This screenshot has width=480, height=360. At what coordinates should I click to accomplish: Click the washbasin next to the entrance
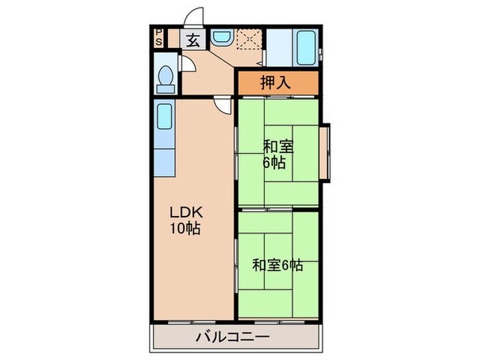[x=221, y=38]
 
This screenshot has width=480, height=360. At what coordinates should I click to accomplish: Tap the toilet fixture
[x=165, y=78]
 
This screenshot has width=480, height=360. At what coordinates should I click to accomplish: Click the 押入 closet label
[x=276, y=83]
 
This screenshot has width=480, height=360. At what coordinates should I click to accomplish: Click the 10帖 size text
[x=186, y=229]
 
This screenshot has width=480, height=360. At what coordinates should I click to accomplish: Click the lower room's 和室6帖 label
[x=277, y=264]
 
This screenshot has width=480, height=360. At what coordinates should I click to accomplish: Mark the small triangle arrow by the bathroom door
[x=264, y=61]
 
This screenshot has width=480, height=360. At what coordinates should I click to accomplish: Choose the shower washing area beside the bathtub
[x=278, y=47]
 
